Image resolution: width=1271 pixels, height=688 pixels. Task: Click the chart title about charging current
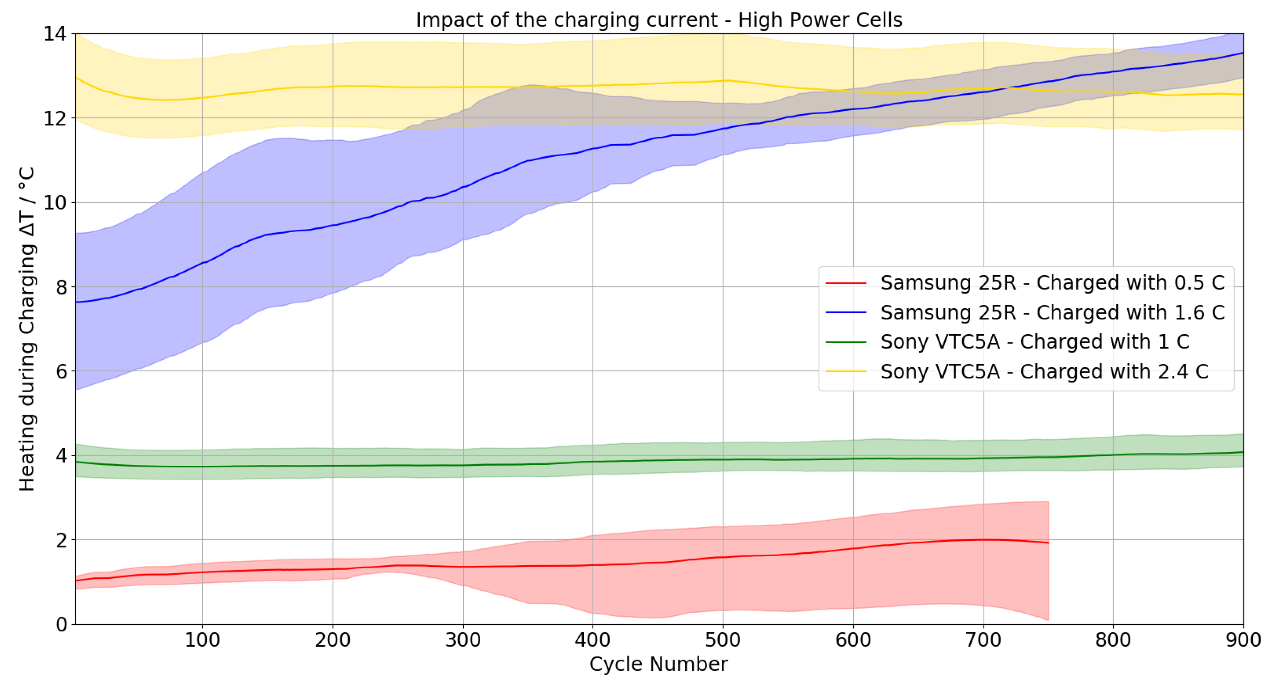[659, 20]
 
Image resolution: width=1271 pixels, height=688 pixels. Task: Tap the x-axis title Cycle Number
[658, 664]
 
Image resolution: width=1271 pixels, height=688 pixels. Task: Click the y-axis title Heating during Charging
[27, 329]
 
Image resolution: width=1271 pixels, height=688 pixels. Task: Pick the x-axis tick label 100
[202, 640]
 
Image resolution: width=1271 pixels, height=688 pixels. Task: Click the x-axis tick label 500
[723, 640]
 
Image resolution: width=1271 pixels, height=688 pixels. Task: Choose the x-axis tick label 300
[463, 640]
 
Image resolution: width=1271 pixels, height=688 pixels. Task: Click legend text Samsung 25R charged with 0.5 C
[1052, 283]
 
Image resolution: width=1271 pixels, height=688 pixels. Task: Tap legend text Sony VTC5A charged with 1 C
[1035, 342]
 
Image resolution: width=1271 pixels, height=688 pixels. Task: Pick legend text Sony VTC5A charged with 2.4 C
[1044, 371]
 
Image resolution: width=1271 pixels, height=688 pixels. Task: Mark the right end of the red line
[1048, 543]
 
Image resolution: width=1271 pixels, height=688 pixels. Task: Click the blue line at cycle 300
[463, 187]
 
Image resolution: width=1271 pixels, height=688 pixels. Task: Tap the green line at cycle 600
[853, 459]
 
